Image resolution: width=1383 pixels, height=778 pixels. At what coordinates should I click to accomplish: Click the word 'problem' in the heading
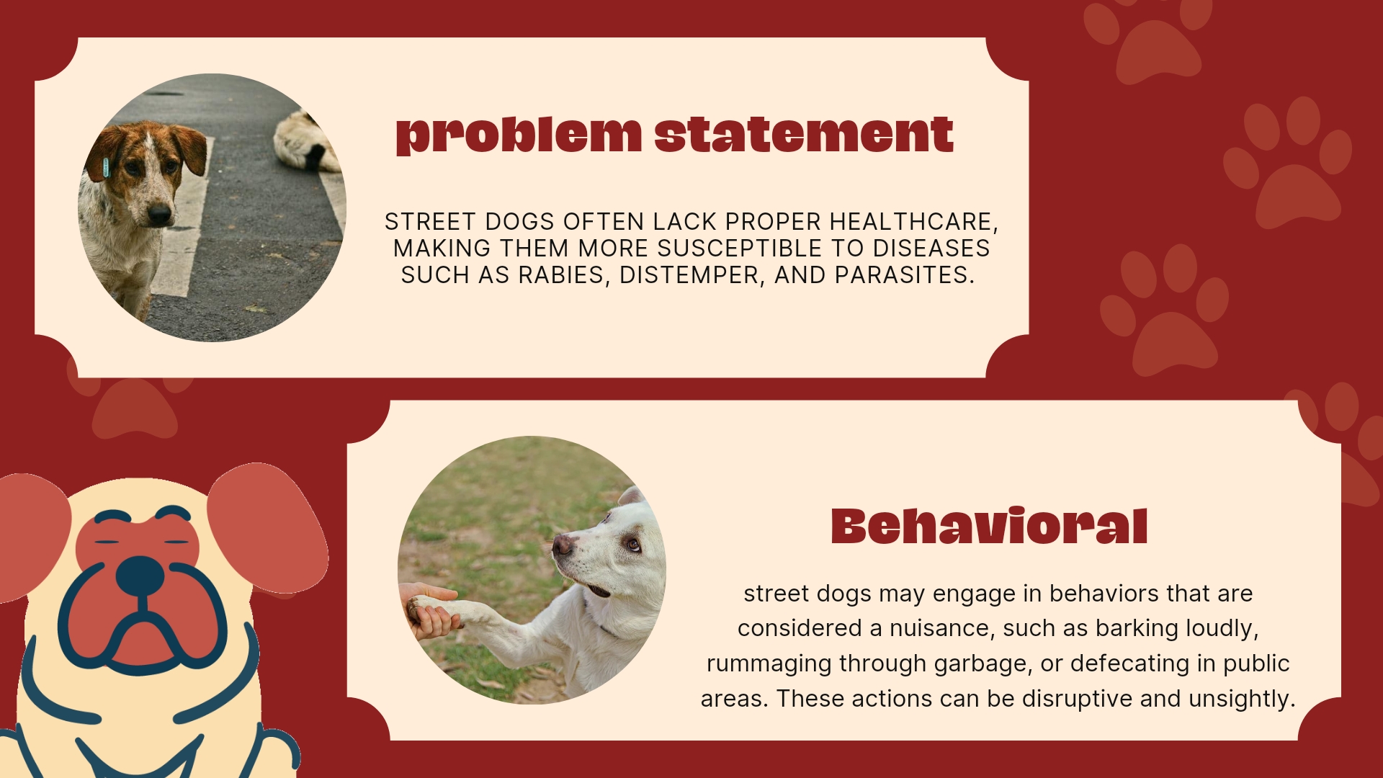click(519, 135)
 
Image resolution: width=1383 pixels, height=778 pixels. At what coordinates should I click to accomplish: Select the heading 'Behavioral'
click(989, 526)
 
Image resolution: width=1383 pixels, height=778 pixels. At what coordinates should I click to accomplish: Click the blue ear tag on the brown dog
click(106, 167)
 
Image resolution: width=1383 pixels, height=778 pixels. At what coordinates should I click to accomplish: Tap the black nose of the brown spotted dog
click(159, 213)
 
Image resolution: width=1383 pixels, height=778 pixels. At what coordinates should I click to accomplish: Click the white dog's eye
click(632, 543)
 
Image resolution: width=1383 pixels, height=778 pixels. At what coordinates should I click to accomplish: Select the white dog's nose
click(562, 545)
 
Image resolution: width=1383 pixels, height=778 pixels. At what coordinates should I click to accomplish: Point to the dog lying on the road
click(305, 142)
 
